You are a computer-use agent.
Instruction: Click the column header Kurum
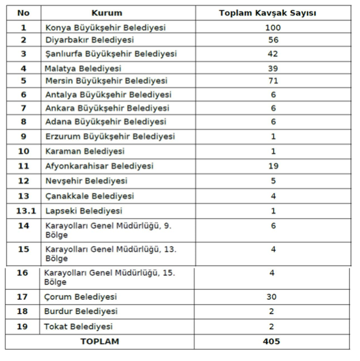[107, 13]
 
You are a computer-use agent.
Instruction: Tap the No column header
[23, 13]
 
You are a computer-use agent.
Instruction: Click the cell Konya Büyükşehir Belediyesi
[105, 28]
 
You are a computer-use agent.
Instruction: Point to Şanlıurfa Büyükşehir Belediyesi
[111, 54]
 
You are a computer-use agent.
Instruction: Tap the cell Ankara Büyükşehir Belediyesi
[107, 108]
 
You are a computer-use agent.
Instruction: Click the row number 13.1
[23, 211]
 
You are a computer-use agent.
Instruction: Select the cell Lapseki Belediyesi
[83, 211]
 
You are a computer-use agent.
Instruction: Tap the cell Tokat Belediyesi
[79, 327]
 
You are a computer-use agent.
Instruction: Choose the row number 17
[23, 297]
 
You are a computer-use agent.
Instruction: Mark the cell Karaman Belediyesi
[85, 151]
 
